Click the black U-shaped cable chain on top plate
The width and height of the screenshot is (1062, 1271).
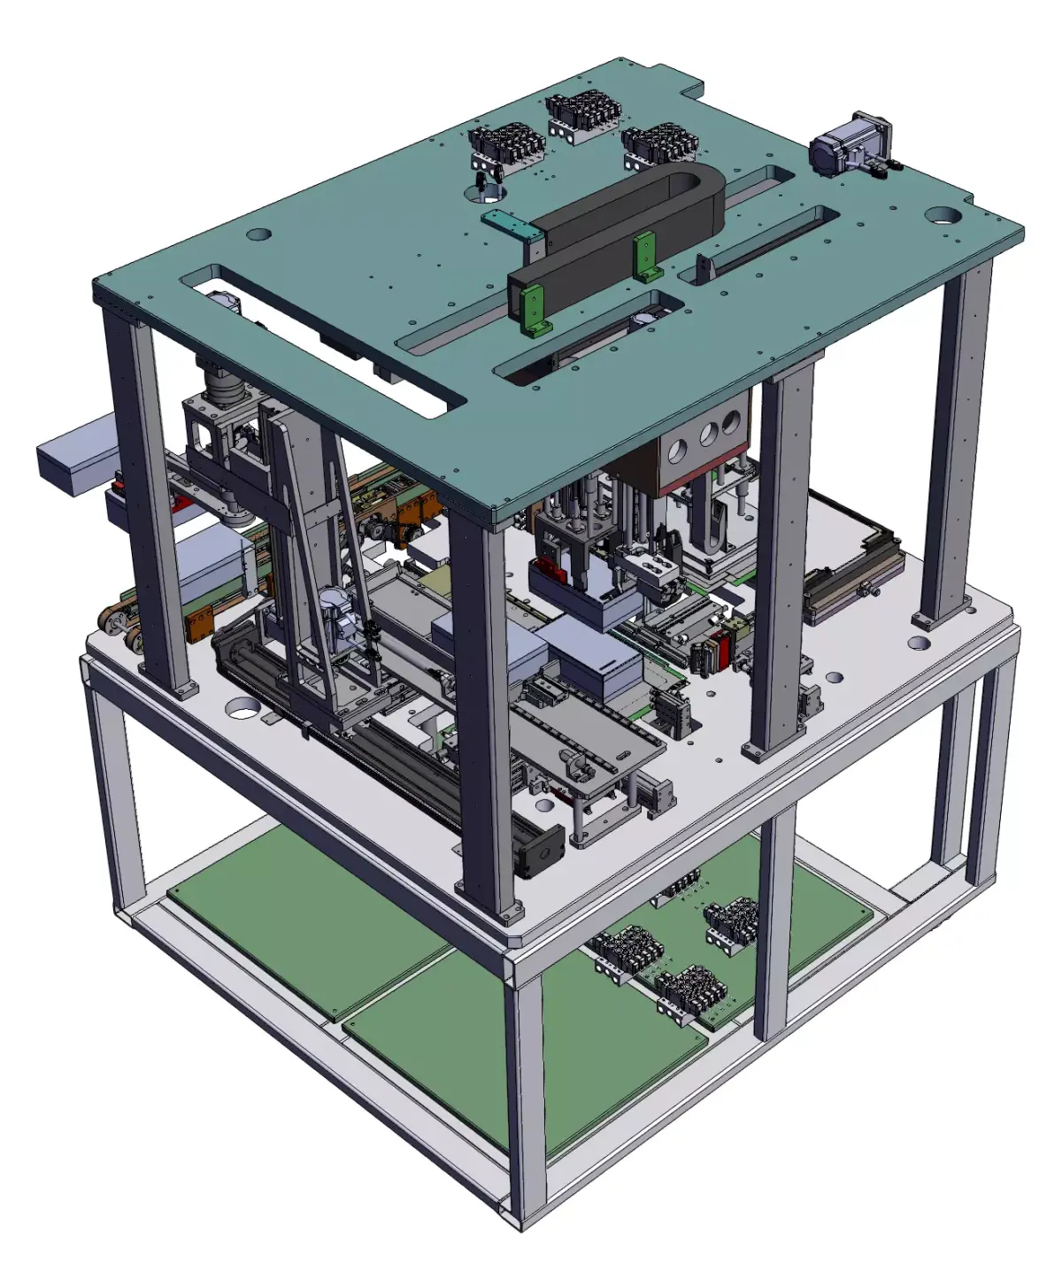click(619, 230)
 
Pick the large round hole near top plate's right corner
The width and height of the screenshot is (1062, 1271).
click(943, 215)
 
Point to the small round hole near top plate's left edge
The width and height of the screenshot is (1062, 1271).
click(258, 235)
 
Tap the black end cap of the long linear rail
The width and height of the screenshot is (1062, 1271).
click(542, 851)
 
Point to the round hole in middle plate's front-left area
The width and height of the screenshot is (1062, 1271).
click(242, 708)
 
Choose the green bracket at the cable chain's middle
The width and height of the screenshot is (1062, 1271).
click(644, 257)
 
